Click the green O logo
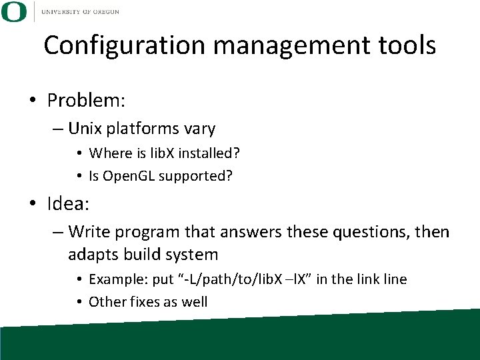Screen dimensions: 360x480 point(14,11)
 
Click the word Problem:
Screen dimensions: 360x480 point(87,101)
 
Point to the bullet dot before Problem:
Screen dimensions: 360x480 point(33,101)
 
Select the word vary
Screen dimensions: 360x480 point(199,127)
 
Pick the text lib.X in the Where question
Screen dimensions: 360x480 point(158,153)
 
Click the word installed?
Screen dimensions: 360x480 point(208,153)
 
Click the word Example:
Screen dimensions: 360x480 point(117,279)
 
